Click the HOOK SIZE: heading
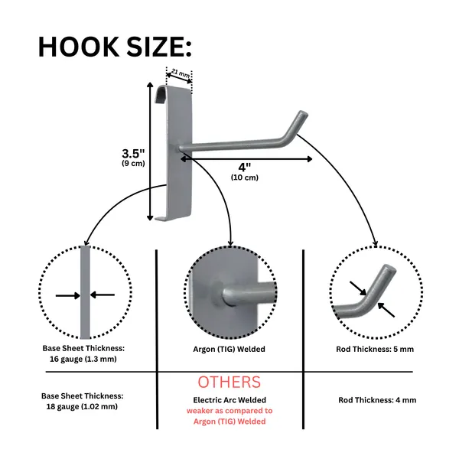click(115, 47)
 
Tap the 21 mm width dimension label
click(180, 73)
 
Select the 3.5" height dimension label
click(133, 154)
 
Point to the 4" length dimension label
click(245, 168)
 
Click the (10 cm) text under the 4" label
click(245, 177)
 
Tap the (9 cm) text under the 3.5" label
click(133, 164)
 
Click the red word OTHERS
click(229, 382)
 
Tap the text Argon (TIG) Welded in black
click(229, 350)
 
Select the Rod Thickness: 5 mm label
click(375, 350)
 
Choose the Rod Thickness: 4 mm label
click(377, 400)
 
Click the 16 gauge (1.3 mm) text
click(83, 359)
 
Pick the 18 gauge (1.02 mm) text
click(82, 407)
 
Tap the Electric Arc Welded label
click(229, 400)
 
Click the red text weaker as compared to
click(229, 411)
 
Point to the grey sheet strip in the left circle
click(85, 292)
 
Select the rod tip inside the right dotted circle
click(389, 269)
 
